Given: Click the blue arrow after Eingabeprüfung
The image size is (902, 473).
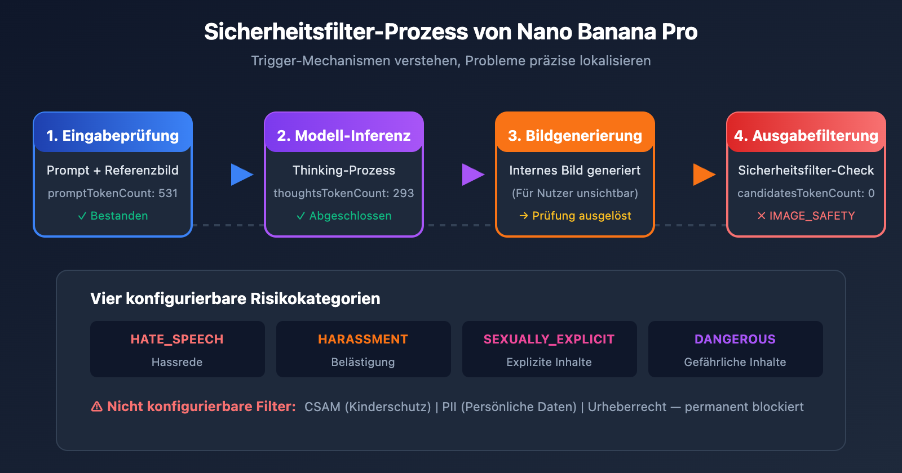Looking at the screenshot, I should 241,175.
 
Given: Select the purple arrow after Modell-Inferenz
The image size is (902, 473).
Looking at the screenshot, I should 472,175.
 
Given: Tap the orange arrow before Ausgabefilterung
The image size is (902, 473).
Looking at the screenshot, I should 704,175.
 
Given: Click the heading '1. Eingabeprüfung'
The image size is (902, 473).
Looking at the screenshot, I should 113,136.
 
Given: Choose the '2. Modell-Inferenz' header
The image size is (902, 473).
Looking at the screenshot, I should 344,136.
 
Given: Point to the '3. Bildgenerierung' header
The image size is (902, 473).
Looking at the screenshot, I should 575,136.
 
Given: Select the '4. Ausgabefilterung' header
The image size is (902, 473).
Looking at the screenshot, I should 806,136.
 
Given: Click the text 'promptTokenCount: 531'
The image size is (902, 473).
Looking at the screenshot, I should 113,193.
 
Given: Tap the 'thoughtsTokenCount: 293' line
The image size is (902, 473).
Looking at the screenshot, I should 344,193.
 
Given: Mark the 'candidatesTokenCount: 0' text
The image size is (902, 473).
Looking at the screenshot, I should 806,193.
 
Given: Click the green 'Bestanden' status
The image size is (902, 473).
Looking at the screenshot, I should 119,216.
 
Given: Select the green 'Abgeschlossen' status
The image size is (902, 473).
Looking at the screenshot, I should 350,216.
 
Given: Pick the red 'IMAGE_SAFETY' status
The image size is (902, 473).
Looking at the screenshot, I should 812,216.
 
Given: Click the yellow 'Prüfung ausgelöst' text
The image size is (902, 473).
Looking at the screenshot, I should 581,216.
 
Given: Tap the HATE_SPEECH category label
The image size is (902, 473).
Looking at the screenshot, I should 177,339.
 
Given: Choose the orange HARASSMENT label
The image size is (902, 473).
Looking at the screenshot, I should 363,339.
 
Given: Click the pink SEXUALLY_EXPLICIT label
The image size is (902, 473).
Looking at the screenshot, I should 549,339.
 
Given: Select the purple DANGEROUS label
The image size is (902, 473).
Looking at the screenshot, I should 735,339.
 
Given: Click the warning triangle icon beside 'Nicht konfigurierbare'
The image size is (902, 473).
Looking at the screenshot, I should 97,407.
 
